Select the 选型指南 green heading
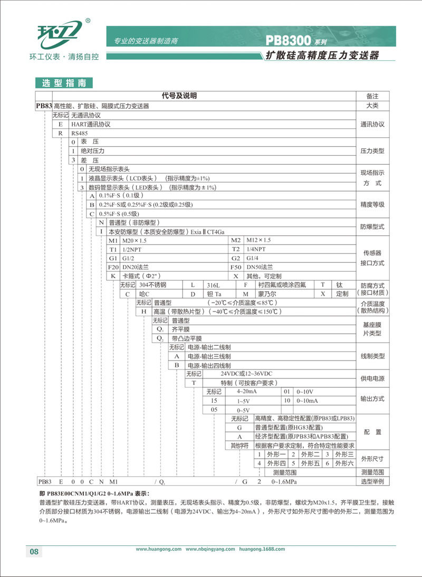point(63,83)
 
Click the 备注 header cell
point(372,96)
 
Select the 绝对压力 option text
point(92,150)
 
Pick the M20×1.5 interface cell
point(134,240)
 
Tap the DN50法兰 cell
point(260,267)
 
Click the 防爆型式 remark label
point(372,226)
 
